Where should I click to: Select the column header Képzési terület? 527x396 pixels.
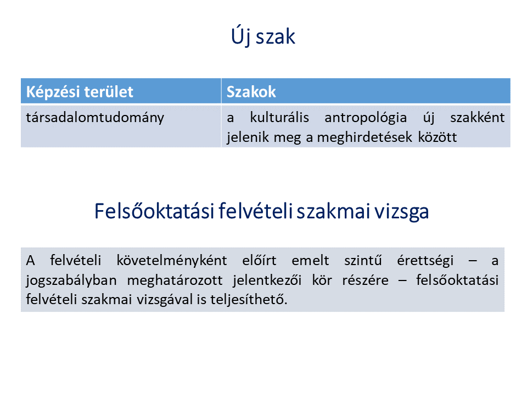click(x=80, y=92)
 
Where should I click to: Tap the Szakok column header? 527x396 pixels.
click(x=251, y=92)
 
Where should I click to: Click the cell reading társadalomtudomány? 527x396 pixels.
click(x=95, y=118)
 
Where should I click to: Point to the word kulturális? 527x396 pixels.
click(x=279, y=118)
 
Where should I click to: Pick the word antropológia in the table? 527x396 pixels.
click(x=366, y=118)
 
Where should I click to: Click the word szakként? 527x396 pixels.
click(x=477, y=118)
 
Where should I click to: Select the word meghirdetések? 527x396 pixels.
click(x=365, y=137)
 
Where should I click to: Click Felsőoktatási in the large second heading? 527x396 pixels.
click(x=154, y=211)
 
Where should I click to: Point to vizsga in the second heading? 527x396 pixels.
click(x=402, y=212)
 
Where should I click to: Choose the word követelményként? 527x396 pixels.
click(x=172, y=261)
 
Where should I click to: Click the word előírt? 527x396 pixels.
click(x=259, y=260)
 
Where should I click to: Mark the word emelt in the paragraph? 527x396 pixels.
click(x=310, y=260)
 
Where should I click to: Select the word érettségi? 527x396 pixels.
click(x=425, y=261)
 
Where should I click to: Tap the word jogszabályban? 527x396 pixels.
click(x=71, y=280)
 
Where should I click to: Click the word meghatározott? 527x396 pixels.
click(x=175, y=280)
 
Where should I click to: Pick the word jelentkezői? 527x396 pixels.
click(x=267, y=280)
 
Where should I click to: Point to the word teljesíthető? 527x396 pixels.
click(x=249, y=299)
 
